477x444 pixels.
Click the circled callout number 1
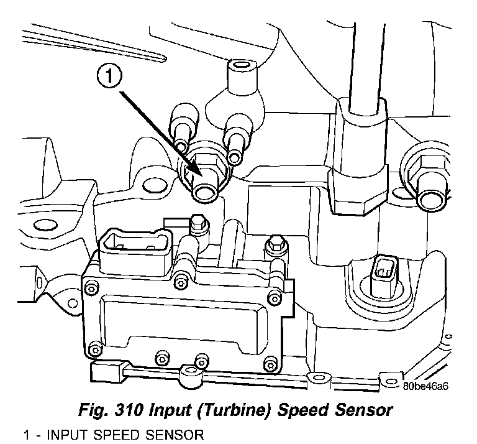click(x=109, y=78)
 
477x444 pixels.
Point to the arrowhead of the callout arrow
click(x=198, y=173)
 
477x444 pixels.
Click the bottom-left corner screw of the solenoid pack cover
click(x=94, y=347)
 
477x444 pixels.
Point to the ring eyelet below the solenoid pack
click(x=185, y=375)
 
